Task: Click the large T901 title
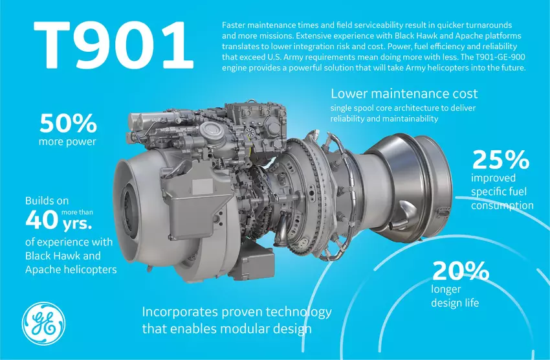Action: [113, 45]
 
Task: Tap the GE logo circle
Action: [43, 324]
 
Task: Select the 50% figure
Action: [68, 123]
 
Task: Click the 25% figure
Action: [501, 160]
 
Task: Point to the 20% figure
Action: [461, 271]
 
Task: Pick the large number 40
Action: [42, 219]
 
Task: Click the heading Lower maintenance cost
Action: [404, 94]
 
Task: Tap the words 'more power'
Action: [67, 142]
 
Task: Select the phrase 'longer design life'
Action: [455, 296]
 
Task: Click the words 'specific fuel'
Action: [499, 192]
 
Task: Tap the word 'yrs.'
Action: [77, 224]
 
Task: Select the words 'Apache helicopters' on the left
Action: [71, 269]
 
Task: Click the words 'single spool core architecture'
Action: [380, 108]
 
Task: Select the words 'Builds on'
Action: [47, 201]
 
